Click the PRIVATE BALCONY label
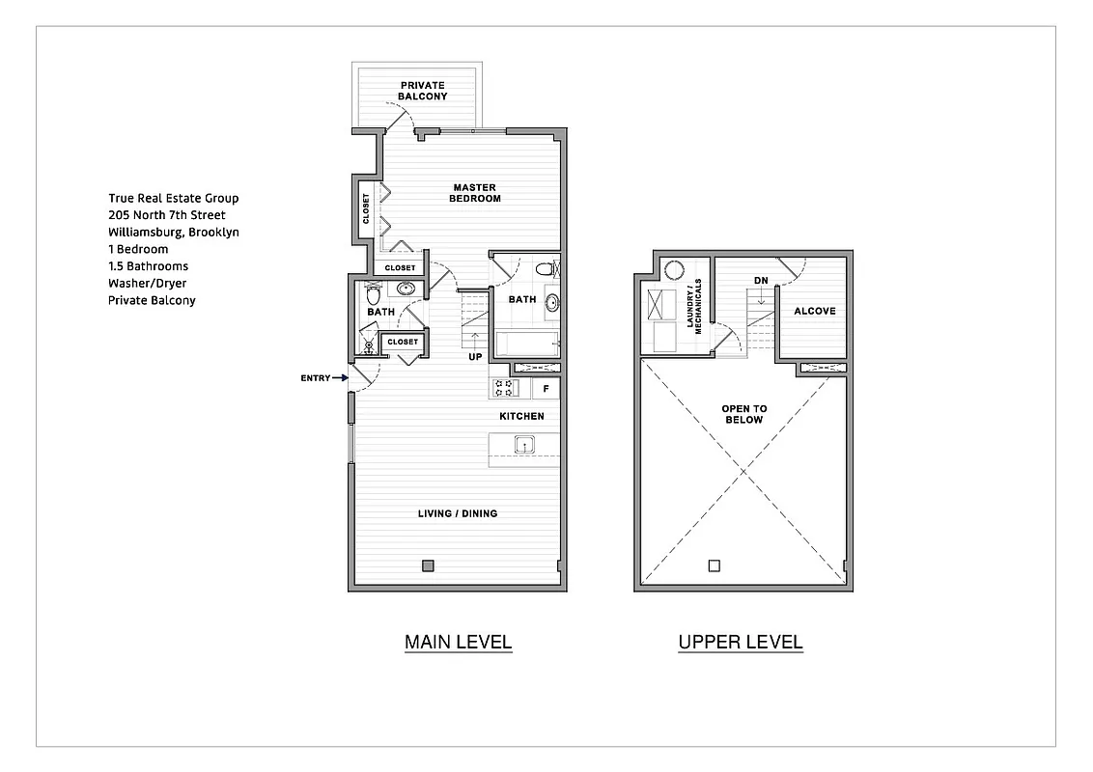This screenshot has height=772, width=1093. pos(422,91)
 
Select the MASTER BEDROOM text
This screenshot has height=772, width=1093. pos(474,193)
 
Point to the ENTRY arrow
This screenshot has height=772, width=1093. pos(339,378)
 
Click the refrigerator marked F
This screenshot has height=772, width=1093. pos(546,389)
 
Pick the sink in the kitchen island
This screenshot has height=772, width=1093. pos(523,445)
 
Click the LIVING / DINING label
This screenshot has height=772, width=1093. pos(458,513)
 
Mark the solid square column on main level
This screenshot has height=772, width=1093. pos(428,565)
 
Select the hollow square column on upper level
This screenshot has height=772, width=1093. pos(714,565)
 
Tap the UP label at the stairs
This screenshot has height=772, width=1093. pos(475,357)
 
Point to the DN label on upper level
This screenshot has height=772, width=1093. pos(761,281)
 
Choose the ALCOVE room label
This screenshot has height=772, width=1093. pos(814,311)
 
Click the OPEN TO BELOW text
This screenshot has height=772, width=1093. pos(743,414)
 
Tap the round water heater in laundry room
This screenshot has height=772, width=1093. pos(674,270)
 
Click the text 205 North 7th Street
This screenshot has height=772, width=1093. pos(167,215)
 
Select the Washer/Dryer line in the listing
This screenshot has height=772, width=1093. pos(148,284)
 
